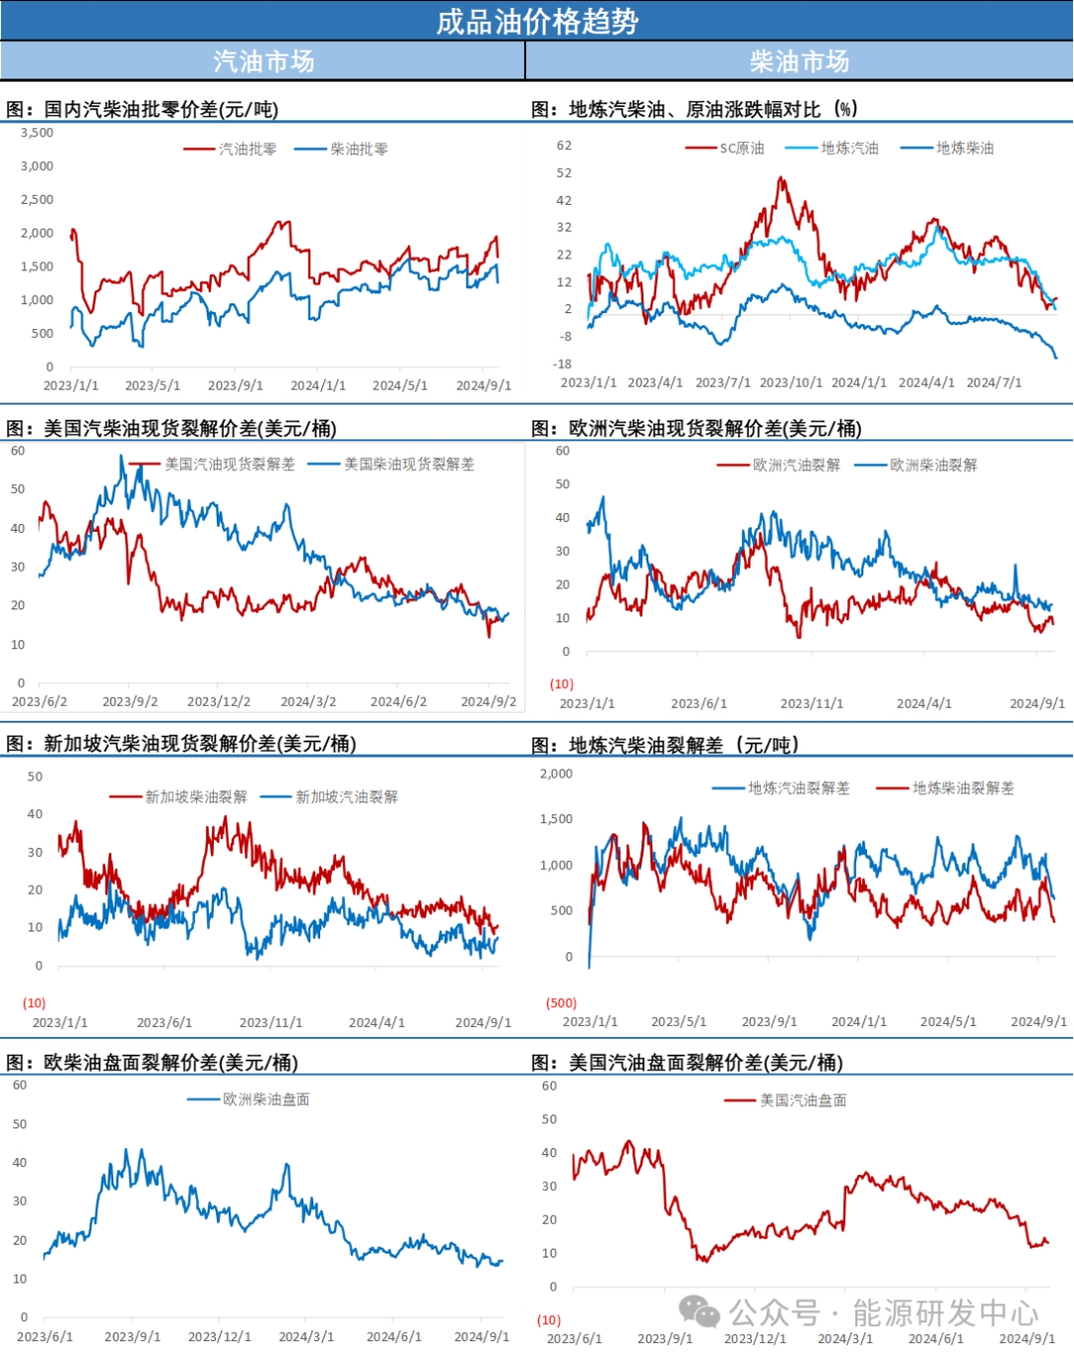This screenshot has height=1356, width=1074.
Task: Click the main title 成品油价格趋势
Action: (x=537, y=21)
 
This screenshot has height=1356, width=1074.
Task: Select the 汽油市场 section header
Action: (x=264, y=62)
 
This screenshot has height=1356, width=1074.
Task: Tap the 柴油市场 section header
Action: (x=800, y=62)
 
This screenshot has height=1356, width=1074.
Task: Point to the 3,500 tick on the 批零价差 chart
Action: (x=38, y=132)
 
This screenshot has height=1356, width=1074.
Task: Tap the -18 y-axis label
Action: (x=563, y=364)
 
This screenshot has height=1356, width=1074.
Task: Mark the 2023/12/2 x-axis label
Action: (x=219, y=702)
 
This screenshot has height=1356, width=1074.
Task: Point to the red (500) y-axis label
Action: (x=562, y=1003)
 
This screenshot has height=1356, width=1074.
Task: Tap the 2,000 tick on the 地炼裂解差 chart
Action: (x=557, y=773)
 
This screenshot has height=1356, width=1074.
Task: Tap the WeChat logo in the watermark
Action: (x=699, y=1312)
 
